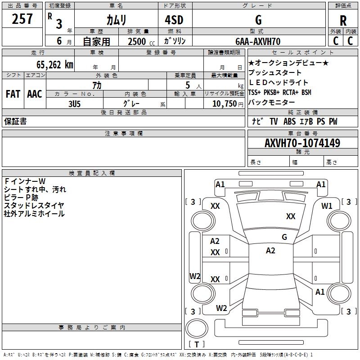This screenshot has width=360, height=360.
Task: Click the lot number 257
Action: [x=22, y=19]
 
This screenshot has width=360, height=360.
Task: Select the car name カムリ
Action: [x=116, y=20]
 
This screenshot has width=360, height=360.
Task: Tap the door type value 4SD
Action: [x=174, y=20]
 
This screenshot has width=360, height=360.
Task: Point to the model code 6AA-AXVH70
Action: [x=258, y=41]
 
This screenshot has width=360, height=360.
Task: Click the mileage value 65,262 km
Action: [x=55, y=64]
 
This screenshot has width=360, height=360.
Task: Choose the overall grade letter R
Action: [x=343, y=21]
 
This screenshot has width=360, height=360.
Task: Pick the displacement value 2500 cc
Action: [x=141, y=41]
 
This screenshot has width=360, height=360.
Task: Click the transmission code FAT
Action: [x=13, y=94]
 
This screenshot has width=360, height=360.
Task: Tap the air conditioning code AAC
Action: [x=35, y=94]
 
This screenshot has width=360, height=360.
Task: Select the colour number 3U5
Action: [x=74, y=104]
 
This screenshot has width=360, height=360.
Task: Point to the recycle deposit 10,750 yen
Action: [x=228, y=104]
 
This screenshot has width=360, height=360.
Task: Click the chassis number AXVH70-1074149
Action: [x=302, y=143]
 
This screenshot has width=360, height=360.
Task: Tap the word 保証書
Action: [x=15, y=121]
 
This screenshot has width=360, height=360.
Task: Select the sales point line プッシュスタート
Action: [x=275, y=72]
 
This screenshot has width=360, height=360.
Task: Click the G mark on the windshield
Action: [x=284, y=237]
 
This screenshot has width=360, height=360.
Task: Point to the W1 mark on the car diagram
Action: [x=327, y=206]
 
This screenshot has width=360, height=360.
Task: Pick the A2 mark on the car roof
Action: [x=270, y=251]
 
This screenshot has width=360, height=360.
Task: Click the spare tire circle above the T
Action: [x=197, y=328]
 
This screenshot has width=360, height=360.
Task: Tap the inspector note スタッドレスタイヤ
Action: [x=34, y=206]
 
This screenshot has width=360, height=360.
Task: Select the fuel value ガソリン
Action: [x=175, y=41]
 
